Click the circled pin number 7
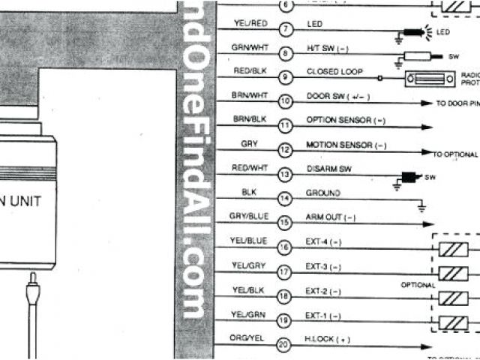pos(285,29)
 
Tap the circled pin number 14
pos(285,199)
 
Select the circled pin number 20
pos(285,345)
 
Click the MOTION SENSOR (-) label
pos(346,144)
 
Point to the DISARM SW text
pos(328,169)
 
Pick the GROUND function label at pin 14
pos(323,193)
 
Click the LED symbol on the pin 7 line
pos(414,33)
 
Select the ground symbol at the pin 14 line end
pos(422,204)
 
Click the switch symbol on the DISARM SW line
pos(410,178)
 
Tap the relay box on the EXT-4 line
pos(454,248)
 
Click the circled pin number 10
pos(285,102)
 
